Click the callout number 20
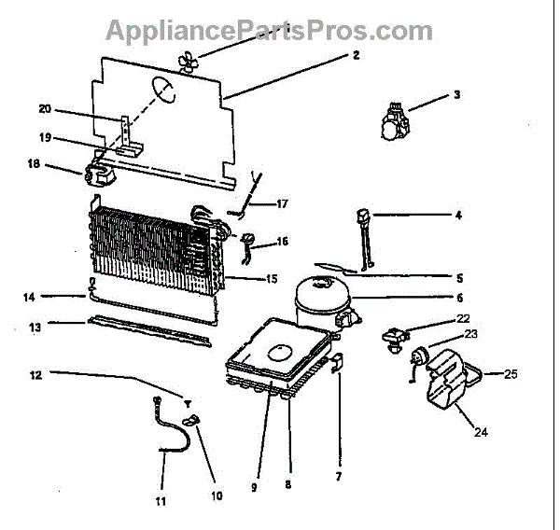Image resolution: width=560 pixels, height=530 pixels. pyautogui.click(x=45, y=109)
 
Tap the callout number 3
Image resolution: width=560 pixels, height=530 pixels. pyautogui.click(x=456, y=93)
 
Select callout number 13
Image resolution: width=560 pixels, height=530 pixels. pyautogui.click(x=35, y=327)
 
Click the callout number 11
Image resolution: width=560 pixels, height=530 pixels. pyautogui.click(x=161, y=501)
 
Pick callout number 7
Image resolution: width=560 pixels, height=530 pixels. pyautogui.click(x=338, y=477)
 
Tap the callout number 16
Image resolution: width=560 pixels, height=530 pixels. pyautogui.click(x=283, y=242)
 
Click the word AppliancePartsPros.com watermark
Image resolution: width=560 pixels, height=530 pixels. pyautogui.click(x=269, y=30)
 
